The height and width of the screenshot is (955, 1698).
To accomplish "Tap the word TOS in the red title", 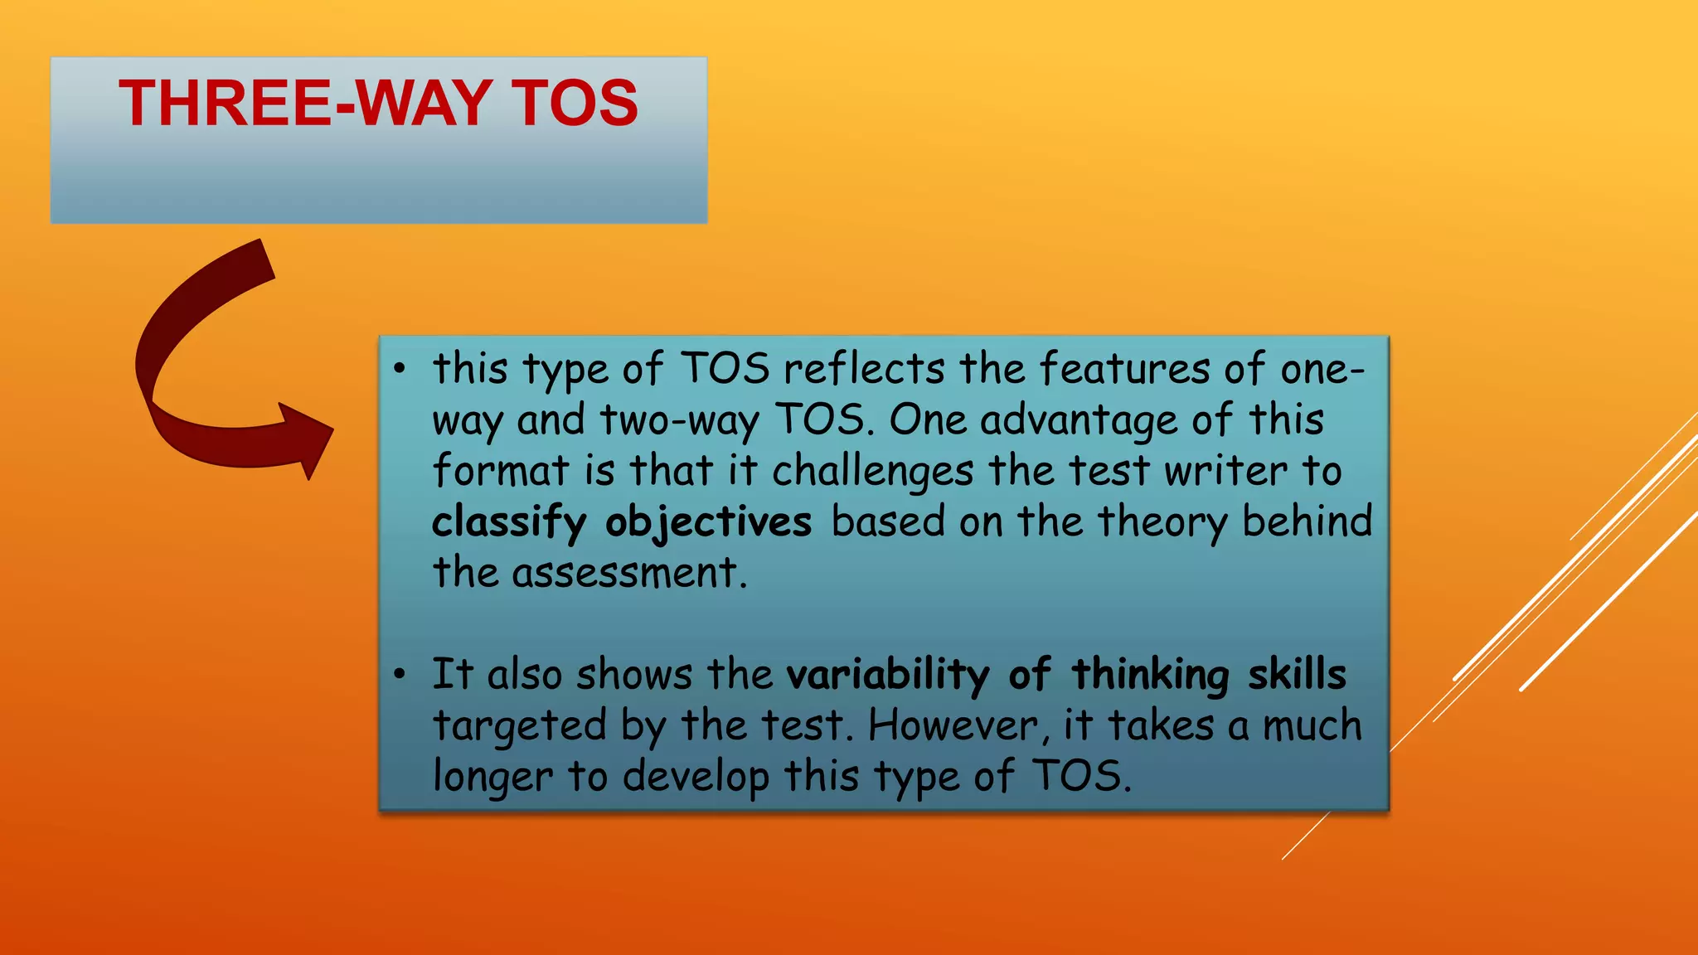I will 574,104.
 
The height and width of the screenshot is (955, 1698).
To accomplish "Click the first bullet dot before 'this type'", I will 400,369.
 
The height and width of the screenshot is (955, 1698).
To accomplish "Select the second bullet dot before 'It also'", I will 400,674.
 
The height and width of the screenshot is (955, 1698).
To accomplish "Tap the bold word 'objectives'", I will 708,523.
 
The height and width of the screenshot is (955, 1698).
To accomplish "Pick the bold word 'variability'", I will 887,675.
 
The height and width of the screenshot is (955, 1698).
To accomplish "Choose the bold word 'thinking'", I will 1150,675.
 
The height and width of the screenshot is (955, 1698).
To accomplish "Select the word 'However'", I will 953,726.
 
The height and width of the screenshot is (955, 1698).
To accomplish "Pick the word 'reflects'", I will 864,369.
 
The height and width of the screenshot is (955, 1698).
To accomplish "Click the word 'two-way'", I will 679,421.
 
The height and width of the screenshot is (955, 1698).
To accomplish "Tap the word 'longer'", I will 492,778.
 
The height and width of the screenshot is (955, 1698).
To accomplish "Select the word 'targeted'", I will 520,726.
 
